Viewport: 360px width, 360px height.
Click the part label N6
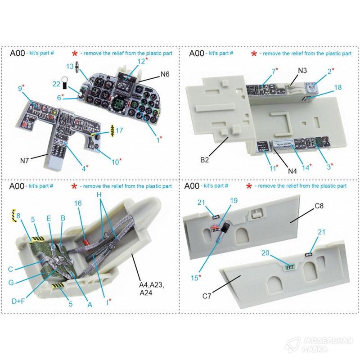[x=165, y=74]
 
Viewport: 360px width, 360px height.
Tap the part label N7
[x=25, y=161]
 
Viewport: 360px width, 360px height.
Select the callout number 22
[x=56, y=84]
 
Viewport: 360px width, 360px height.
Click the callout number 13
[x=70, y=67]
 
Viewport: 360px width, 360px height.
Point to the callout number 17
[x=119, y=130]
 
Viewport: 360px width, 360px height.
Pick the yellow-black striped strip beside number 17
[x=112, y=130]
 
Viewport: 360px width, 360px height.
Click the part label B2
[x=205, y=160]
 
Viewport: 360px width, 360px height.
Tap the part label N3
[x=302, y=71]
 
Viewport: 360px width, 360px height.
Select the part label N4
[x=292, y=171]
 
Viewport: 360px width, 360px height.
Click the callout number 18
[x=338, y=87]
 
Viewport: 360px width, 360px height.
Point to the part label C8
[x=319, y=206]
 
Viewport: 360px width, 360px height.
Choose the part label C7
[x=207, y=296]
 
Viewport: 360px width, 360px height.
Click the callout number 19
[x=234, y=201]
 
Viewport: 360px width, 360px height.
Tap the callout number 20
[x=265, y=253]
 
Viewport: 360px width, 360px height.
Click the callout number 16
[x=78, y=203]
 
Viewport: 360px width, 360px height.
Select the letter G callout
[x=11, y=283]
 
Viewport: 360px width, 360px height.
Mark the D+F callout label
[x=18, y=301]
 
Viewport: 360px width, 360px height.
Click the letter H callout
[x=99, y=195]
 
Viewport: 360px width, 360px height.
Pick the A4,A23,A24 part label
[x=151, y=289]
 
